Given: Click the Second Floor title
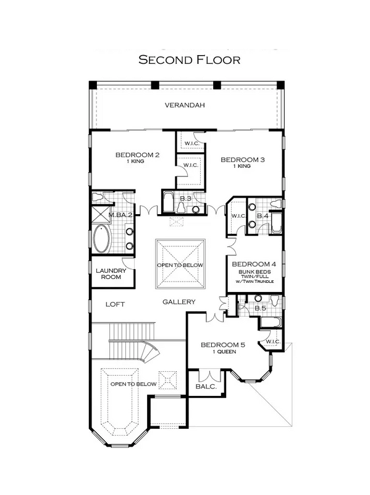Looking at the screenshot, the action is [x=190, y=59].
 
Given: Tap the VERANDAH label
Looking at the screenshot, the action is [x=185, y=105].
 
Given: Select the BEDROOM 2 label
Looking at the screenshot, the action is [x=137, y=155].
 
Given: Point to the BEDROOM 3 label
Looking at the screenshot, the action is [x=243, y=160].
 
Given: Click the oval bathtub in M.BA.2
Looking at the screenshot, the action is [x=102, y=239].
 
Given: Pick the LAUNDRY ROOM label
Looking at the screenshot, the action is [x=111, y=273].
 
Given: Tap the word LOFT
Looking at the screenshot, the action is [x=115, y=304].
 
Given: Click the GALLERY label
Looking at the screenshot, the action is [x=179, y=302].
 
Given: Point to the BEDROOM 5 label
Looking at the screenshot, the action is [x=223, y=345].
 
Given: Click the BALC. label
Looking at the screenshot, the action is [x=206, y=386].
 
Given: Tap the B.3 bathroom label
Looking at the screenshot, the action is [x=186, y=199].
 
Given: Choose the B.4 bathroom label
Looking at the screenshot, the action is [x=263, y=216].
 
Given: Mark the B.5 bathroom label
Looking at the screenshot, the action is [x=260, y=308].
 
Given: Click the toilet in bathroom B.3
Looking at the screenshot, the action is [x=181, y=208].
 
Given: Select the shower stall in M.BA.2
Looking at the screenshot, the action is [x=101, y=214].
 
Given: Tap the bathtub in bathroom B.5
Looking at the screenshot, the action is [x=271, y=322].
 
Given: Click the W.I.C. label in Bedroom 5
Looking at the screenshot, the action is [x=273, y=342].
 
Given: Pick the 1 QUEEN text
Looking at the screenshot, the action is [x=224, y=351].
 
